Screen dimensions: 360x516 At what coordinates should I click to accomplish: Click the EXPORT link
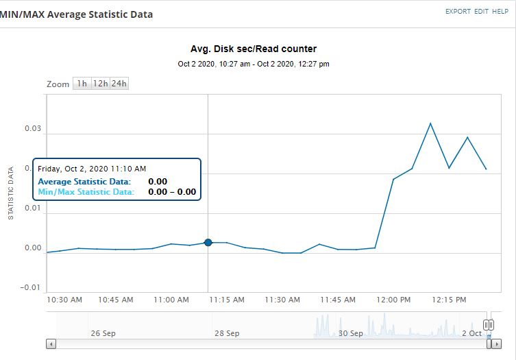[458, 12]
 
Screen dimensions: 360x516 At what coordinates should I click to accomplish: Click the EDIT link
[482, 12]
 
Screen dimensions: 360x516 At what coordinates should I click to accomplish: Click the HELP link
[500, 12]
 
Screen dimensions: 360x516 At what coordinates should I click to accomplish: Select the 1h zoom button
[82, 84]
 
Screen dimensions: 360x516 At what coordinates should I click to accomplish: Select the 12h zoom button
[101, 84]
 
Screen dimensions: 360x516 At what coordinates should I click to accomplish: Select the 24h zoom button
[119, 84]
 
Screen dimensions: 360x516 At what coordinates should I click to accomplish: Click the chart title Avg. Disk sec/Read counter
[254, 49]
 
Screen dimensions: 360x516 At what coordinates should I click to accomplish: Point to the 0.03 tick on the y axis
[33, 129]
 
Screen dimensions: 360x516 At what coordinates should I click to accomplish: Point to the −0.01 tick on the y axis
[32, 287]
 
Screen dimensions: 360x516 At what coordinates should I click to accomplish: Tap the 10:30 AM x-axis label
[65, 300]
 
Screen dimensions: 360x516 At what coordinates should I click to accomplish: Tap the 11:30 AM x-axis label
[282, 300]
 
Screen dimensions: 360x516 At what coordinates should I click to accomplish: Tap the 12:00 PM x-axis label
[394, 300]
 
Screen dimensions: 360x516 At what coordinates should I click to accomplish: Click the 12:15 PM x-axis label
[450, 300]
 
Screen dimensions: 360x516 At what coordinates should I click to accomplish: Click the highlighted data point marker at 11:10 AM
[208, 242]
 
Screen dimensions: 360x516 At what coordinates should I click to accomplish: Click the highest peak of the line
[430, 123]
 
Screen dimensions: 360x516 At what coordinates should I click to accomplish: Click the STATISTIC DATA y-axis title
[11, 193]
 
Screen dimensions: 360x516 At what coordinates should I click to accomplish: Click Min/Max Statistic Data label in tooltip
[86, 192]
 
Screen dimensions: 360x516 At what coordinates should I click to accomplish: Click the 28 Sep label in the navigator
[227, 333]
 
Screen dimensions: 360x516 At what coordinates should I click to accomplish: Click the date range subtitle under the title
[254, 64]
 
